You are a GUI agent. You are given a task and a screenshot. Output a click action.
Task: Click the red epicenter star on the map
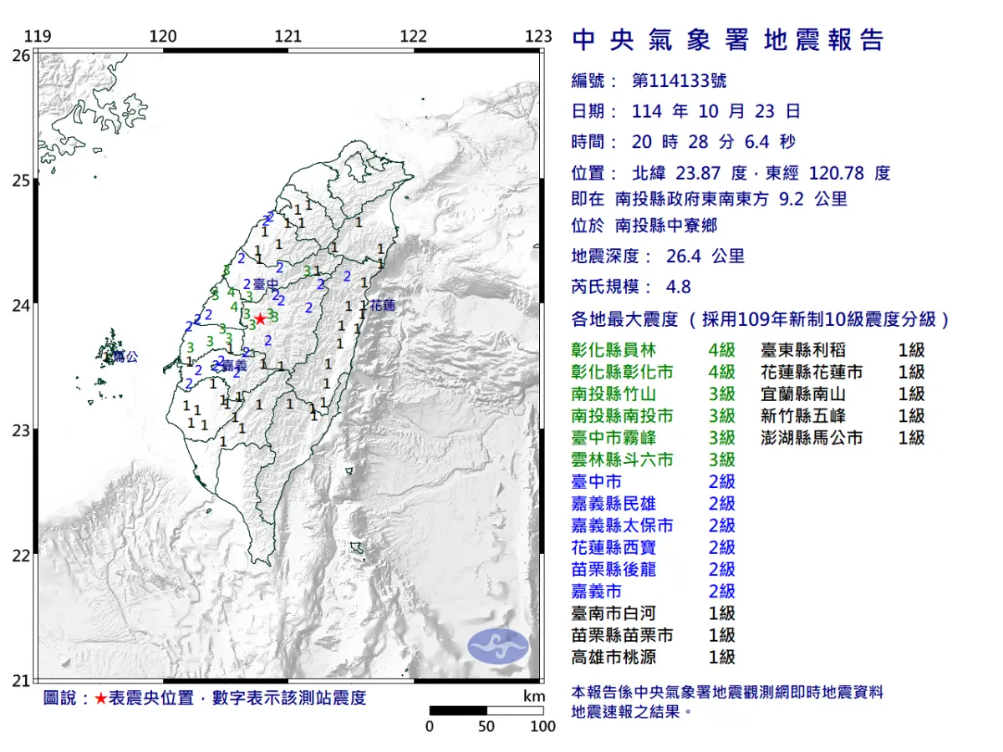(x=261, y=318)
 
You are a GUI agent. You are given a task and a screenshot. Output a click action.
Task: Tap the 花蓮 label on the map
(x=383, y=306)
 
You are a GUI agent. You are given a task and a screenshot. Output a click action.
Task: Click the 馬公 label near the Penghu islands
(x=125, y=357)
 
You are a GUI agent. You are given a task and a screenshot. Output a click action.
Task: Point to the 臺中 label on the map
(x=266, y=285)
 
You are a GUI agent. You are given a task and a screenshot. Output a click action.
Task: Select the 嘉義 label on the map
(x=236, y=365)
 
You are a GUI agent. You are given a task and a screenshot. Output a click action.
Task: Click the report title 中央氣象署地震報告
(x=727, y=40)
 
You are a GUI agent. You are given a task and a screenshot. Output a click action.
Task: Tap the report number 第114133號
(x=679, y=81)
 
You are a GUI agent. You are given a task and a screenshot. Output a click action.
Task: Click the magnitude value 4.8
(x=679, y=287)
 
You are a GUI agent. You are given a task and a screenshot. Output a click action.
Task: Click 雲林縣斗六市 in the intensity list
(x=622, y=460)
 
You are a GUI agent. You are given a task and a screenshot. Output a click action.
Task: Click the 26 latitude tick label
(x=22, y=55)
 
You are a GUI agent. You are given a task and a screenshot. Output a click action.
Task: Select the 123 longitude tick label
(x=539, y=37)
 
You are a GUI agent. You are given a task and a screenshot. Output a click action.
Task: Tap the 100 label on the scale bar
(x=542, y=726)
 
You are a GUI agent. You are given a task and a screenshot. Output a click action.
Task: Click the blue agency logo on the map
(x=498, y=647)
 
